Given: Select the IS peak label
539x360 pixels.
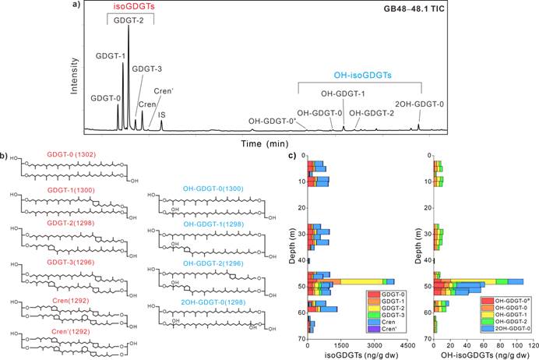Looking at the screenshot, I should [161, 115].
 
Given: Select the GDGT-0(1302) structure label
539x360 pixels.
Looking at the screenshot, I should [68, 155].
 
